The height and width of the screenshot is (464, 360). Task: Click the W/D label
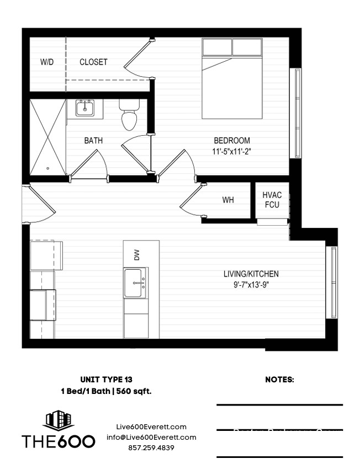pyautogui.click(x=47, y=62)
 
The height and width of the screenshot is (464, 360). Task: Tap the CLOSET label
pyautogui.click(x=93, y=62)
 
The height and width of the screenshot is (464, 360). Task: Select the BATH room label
pyautogui.click(x=93, y=141)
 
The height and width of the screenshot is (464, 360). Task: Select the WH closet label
pyautogui.click(x=228, y=200)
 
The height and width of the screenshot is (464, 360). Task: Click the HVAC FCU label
pyautogui.click(x=272, y=199)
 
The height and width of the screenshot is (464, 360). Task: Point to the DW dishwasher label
pyautogui.click(x=136, y=254)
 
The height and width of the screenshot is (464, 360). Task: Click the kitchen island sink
pyautogui.click(x=136, y=282)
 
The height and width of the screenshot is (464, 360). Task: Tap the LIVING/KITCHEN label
pyautogui.click(x=251, y=274)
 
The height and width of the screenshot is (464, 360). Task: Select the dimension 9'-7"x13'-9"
pyautogui.click(x=251, y=285)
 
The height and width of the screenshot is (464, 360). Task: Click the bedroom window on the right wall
pyautogui.click(x=297, y=113)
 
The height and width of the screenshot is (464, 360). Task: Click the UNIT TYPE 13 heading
pyautogui.click(x=106, y=380)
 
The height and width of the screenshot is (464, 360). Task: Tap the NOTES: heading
pyautogui.click(x=279, y=380)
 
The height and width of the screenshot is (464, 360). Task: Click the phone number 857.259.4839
pyautogui.click(x=151, y=448)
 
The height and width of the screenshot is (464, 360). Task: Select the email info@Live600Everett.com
pyautogui.click(x=151, y=438)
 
